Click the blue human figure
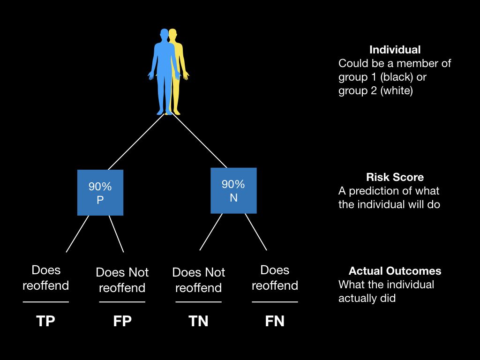point(163,70)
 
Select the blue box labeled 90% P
point(100,193)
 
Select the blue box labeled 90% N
point(233,190)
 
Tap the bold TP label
point(45,321)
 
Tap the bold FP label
point(122,321)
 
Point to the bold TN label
point(198,321)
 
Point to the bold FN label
point(275,321)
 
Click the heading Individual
point(395,50)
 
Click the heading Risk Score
point(395,177)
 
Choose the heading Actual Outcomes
point(395,271)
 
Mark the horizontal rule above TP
point(46,302)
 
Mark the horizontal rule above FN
point(275,302)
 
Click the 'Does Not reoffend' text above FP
point(122,280)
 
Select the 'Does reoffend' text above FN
point(275,277)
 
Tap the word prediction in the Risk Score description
point(372,191)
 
